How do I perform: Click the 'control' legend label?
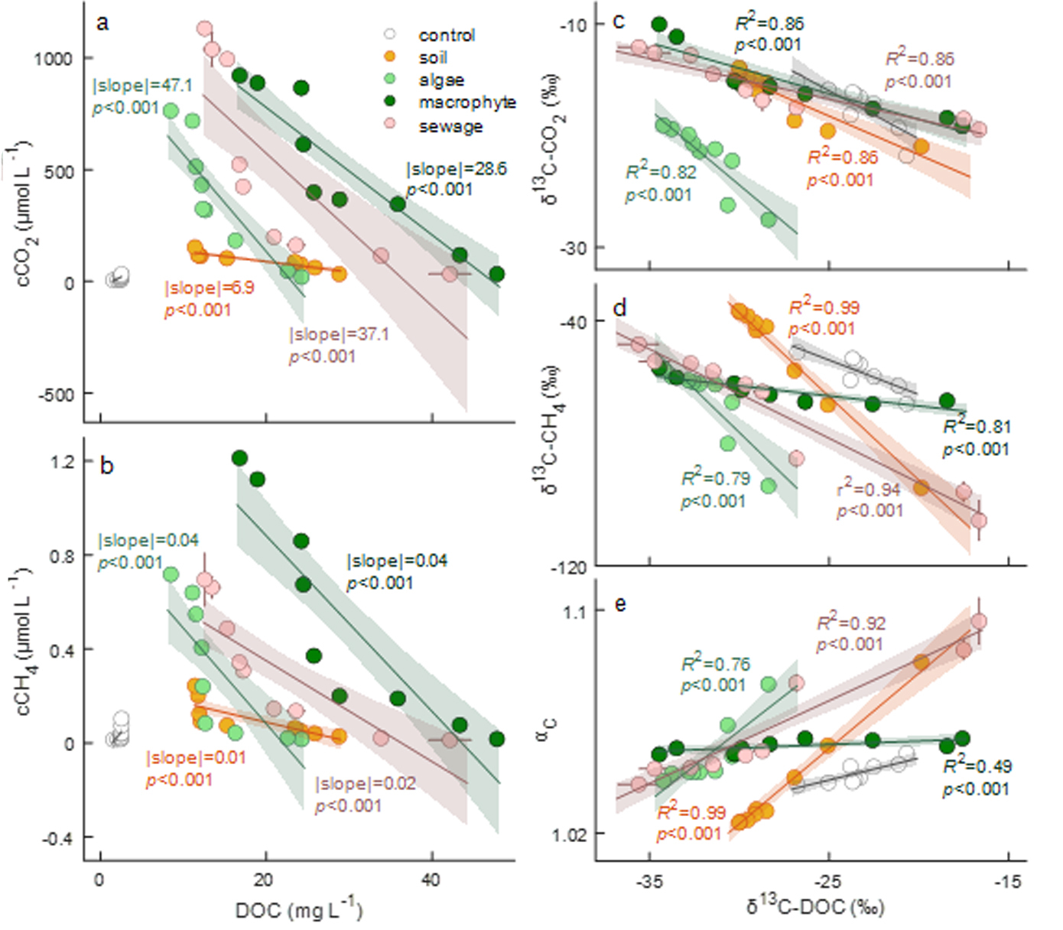click(x=446, y=35)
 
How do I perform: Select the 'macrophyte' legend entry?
click(x=466, y=102)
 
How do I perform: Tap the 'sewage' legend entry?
click(x=450, y=126)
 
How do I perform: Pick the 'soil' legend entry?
click(x=432, y=57)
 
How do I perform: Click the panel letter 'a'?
click(x=102, y=22)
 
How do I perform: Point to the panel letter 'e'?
click(x=620, y=604)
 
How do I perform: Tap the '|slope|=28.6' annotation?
click(x=456, y=169)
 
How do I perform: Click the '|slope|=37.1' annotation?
click(x=339, y=334)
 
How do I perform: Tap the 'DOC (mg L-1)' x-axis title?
click(x=298, y=909)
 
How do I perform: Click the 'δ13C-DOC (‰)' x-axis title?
click(x=815, y=907)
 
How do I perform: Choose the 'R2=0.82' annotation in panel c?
click(x=661, y=172)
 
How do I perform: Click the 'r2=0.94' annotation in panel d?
click(x=869, y=489)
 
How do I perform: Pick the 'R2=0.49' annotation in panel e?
click(x=977, y=766)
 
